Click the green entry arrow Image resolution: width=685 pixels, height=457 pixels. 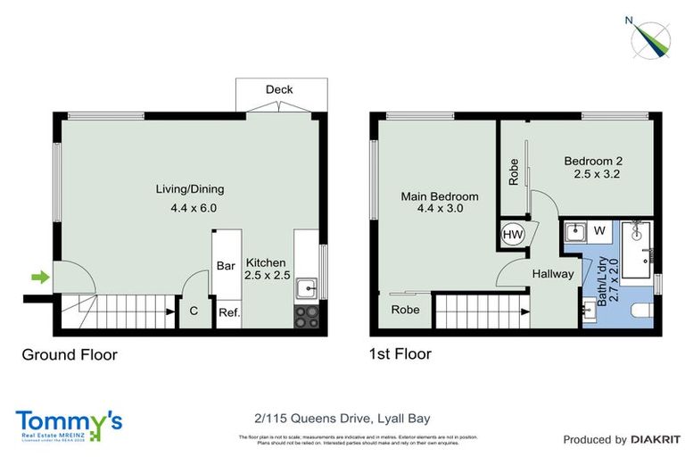[40, 278]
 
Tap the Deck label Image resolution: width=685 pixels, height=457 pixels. [278, 89]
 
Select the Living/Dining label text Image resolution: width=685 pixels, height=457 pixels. [190, 189]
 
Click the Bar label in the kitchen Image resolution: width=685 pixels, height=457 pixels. [227, 265]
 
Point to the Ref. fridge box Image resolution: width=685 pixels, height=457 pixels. [228, 312]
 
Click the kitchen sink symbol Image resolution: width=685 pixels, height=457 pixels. [307, 287]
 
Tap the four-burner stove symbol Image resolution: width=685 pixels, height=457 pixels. [306, 316]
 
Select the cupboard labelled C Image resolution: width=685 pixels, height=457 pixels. [194, 312]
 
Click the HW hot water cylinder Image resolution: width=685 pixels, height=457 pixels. [513, 234]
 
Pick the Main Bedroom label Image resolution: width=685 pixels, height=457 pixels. [441, 197]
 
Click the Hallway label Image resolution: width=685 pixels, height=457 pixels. [553, 274]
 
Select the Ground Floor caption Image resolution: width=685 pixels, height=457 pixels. [70, 354]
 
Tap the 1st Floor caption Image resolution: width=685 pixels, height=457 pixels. [400, 354]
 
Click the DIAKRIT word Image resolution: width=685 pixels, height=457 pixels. [656, 439]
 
